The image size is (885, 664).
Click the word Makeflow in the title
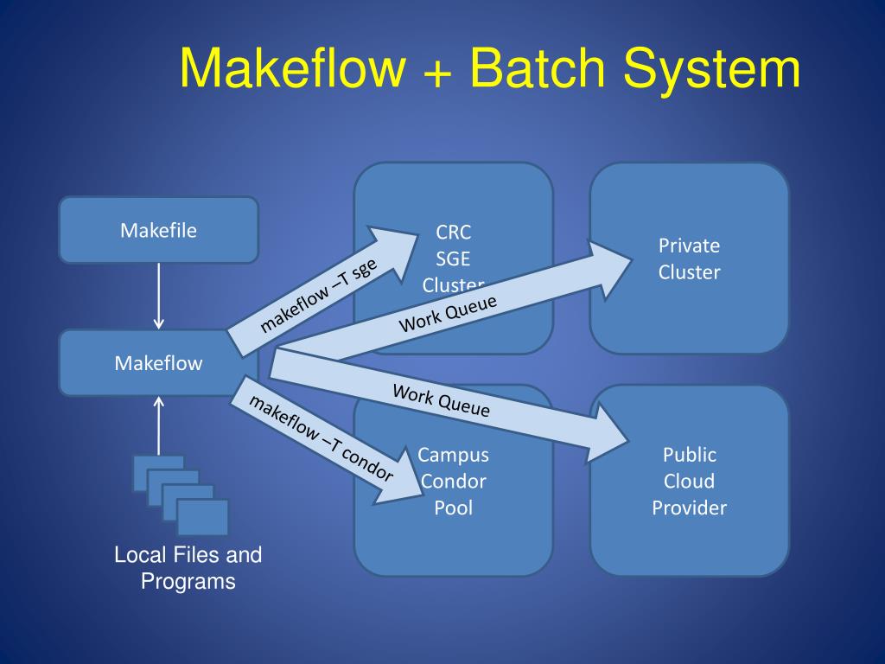pyautogui.click(x=292, y=67)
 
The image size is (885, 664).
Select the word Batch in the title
pyautogui.click(x=538, y=67)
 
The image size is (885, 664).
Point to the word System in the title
pyautogui.click(x=712, y=71)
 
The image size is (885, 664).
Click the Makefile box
pyautogui.click(x=159, y=230)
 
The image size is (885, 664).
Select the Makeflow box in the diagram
pyautogui.click(x=159, y=362)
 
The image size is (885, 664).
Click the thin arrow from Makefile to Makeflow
pyautogui.click(x=159, y=296)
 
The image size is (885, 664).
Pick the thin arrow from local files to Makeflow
pyautogui.click(x=159, y=425)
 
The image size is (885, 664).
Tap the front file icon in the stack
pyautogui.click(x=202, y=517)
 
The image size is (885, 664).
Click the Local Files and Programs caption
pyautogui.click(x=188, y=568)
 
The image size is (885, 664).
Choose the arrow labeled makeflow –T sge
pyautogui.click(x=322, y=291)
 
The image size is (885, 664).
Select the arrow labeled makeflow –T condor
pyautogui.click(x=327, y=439)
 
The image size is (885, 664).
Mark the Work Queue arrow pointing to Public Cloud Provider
pyautogui.click(x=449, y=405)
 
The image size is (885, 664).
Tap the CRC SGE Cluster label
pyautogui.click(x=453, y=259)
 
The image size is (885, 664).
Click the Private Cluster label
pyautogui.click(x=689, y=259)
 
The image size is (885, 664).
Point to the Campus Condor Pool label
pyautogui.click(x=453, y=481)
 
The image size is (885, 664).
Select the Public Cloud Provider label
pyautogui.click(x=689, y=481)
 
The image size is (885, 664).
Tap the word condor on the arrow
pyautogui.click(x=367, y=463)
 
